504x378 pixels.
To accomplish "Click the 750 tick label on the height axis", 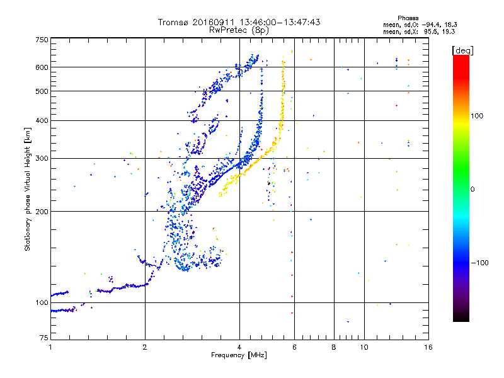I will (42, 40).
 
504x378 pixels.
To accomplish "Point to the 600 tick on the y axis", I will (42, 67).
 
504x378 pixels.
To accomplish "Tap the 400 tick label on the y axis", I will (42, 120).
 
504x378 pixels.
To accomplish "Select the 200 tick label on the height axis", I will (42, 211).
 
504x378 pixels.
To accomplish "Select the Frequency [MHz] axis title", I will (239, 355).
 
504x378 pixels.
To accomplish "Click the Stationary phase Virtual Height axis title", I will (28, 189).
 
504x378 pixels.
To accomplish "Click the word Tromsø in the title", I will (174, 22).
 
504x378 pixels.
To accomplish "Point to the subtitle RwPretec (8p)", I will (239, 30).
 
